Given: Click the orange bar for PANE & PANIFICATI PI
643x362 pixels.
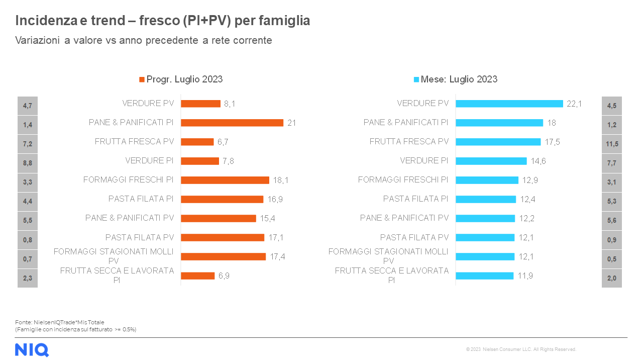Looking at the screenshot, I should click(232, 123).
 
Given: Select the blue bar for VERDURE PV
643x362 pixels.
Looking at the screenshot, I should click(509, 104).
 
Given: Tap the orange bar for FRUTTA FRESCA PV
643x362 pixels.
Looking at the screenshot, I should click(197, 142).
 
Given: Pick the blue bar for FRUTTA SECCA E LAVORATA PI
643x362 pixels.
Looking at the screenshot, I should click(484, 276).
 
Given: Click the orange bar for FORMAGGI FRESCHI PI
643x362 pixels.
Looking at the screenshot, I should click(225, 180).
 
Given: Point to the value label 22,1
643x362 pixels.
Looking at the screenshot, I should click(574, 104).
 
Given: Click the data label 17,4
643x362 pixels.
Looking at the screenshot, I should click(278, 256).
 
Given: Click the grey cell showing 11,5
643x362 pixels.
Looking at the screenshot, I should click(612, 144).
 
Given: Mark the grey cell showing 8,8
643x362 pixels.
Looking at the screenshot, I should click(28, 163).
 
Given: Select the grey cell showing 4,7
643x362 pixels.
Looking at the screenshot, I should click(28, 106).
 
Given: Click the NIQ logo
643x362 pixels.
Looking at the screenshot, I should click(32, 349).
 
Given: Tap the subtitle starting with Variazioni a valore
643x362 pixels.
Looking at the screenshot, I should click(144, 40).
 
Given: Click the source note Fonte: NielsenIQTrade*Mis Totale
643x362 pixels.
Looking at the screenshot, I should click(60, 322).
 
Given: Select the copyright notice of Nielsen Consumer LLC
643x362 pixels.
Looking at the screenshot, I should click(521, 349).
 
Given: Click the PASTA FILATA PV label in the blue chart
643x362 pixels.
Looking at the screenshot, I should click(414, 237).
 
